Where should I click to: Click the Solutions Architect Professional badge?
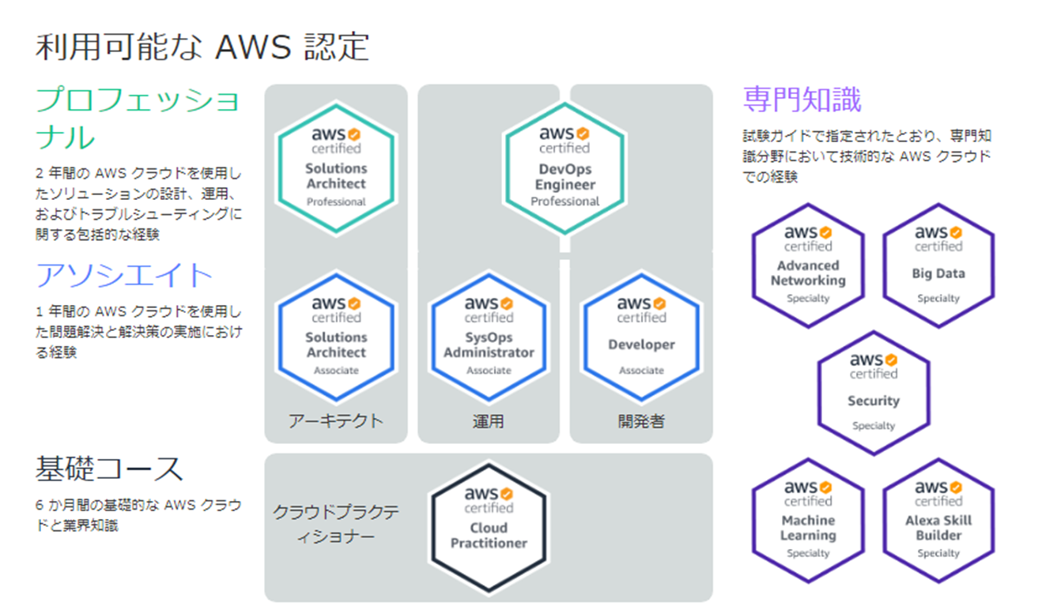[x=336, y=167]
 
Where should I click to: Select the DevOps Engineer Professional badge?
[x=564, y=167]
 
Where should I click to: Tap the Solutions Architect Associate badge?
[x=336, y=337]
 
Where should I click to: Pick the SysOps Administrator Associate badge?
[x=489, y=337]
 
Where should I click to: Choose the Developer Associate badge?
[x=641, y=337]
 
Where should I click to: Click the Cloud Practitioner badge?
[x=489, y=528]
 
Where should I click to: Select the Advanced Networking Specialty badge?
[x=808, y=265]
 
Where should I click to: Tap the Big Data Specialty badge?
[x=938, y=265]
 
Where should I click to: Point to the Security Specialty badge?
[x=873, y=393]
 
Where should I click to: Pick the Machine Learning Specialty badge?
[x=808, y=521]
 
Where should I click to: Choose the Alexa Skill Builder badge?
[x=938, y=521]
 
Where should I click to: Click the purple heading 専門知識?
[x=802, y=100]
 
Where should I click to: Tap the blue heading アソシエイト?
[x=124, y=275]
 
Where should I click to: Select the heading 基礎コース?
[x=109, y=468]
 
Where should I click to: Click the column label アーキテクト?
[x=336, y=421]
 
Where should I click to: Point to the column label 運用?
[x=489, y=421]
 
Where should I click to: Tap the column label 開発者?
[x=641, y=421]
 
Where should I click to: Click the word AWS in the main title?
[x=254, y=47]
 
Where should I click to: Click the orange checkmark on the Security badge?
[x=891, y=360]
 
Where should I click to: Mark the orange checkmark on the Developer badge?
[x=659, y=304]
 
